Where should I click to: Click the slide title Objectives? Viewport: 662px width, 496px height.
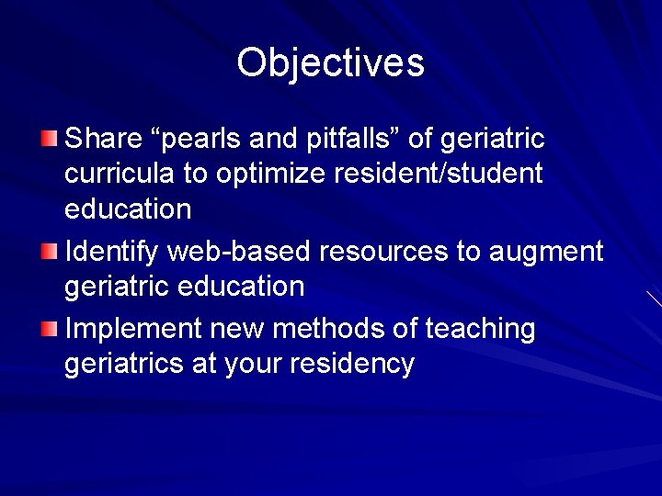coord(330,62)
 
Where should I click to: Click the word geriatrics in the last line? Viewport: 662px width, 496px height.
coord(124,365)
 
